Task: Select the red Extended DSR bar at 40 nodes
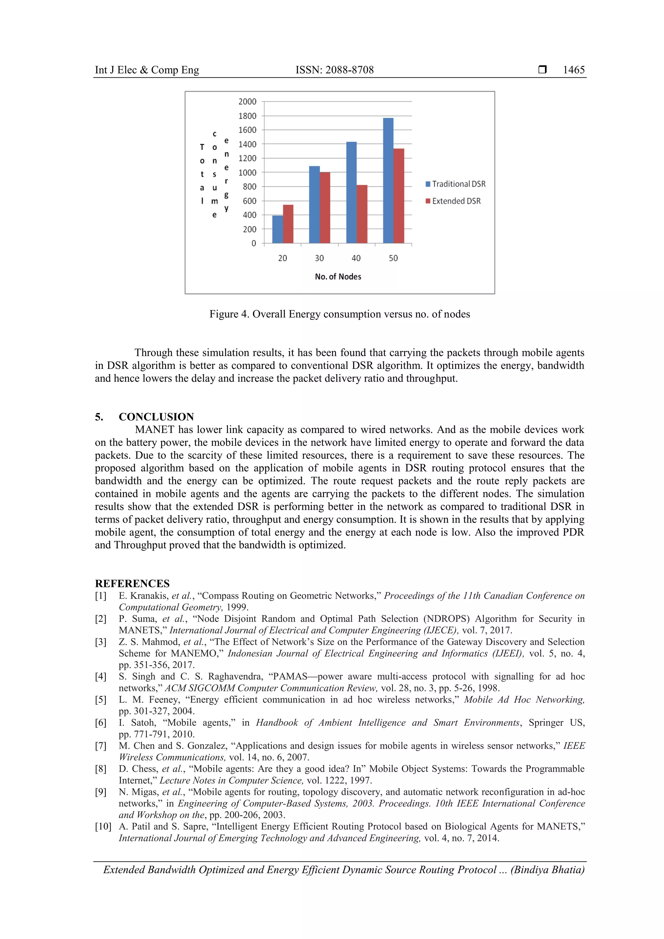click(x=362, y=214)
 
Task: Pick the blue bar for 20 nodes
click(x=278, y=229)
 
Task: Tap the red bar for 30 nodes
click(x=325, y=207)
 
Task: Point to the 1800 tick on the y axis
click(x=247, y=116)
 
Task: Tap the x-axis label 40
click(x=356, y=258)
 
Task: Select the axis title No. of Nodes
click(x=338, y=276)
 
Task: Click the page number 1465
click(x=574, y=70)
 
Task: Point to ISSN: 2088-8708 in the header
click(x=334, y=70)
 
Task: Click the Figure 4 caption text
click(x=339, y=314)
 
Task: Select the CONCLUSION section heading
click(x=156, y=417)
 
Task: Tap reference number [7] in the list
click(x=101, y=746)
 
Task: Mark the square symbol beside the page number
click(x=542, y=70)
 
